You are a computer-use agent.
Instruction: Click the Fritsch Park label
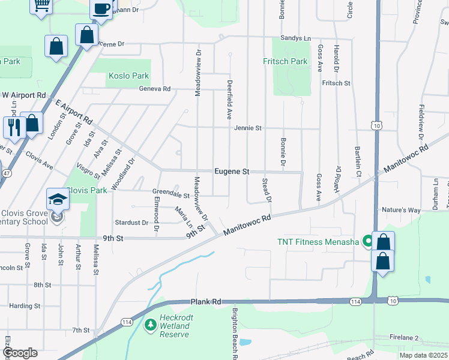(x=285, y=61)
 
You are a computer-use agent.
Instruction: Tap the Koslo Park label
(x=128, y=76)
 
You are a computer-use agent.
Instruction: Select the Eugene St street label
(x=232, y=172)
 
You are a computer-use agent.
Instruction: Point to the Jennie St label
(x=248, y=128)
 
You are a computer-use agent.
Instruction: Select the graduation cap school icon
(x=58, y=199)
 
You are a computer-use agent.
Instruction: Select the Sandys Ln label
(x=295, y=38)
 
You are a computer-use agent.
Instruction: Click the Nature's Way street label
(x=402, y=210)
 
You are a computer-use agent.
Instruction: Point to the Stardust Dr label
(x=131, y=223)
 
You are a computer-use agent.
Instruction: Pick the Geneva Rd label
(x=155, y=89)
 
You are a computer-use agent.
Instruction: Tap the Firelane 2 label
(x=403, y=338)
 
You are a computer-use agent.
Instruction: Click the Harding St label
(x=24, y=305)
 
